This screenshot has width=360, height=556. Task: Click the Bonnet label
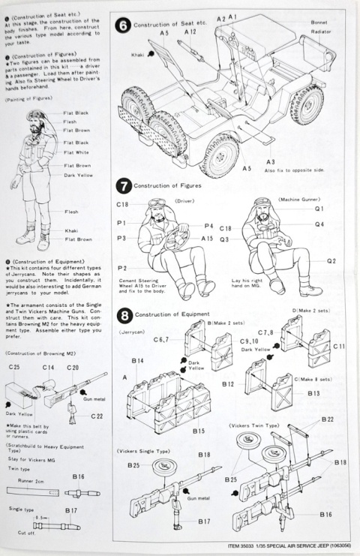tap(319, 22)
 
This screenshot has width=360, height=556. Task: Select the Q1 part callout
tap(319, 208)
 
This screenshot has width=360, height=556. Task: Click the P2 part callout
tap(121, 268)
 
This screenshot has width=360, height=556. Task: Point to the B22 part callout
tap(328, 419)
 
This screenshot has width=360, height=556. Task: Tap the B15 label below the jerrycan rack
tap(199, 431)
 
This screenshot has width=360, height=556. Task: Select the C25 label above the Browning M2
tap(14, 367)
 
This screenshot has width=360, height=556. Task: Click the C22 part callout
tap(97, 416)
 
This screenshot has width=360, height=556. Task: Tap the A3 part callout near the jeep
tap(270, 161)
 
